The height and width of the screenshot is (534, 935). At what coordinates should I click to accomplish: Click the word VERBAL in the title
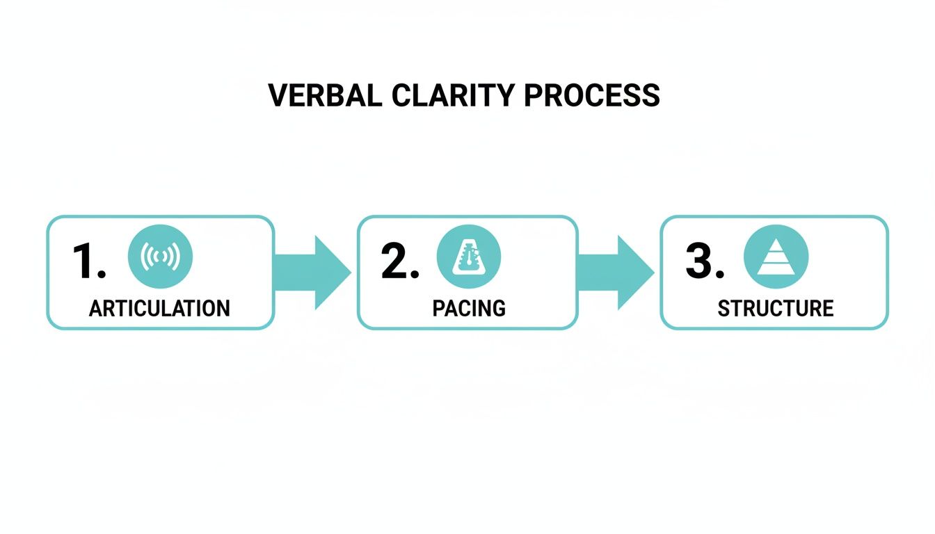click(x=325, y=95)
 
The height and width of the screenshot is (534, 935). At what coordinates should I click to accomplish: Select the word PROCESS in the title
click(x=591, y=95)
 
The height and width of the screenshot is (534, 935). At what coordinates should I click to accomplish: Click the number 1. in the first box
click(x=88, y=261)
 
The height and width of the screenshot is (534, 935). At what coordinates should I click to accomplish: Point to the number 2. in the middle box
click(x=399, y=261)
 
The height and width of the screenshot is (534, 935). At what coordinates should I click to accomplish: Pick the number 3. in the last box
click(x=704, y=261)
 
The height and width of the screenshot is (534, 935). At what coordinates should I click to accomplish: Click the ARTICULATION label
click(x=159, y=308)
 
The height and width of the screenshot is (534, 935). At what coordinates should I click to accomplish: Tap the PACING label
click(x=469, y=308)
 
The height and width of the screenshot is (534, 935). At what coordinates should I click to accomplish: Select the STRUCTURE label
click(x=776, y=308)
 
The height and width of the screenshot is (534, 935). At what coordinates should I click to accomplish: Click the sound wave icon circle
click(x=160, y=257)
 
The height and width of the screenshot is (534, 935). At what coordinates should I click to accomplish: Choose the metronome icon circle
click(x=468, y=257)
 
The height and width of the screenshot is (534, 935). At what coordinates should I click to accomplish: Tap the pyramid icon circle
click(x=776, y=257)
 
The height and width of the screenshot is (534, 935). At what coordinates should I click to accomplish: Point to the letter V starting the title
click(x=277, y=95)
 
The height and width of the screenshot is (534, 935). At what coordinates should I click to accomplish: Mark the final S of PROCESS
click(x=652, y=95)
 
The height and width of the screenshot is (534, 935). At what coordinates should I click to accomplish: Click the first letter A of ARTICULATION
click(x=96, y=308)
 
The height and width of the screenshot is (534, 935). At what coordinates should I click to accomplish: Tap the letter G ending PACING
click(x=498, y=308)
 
